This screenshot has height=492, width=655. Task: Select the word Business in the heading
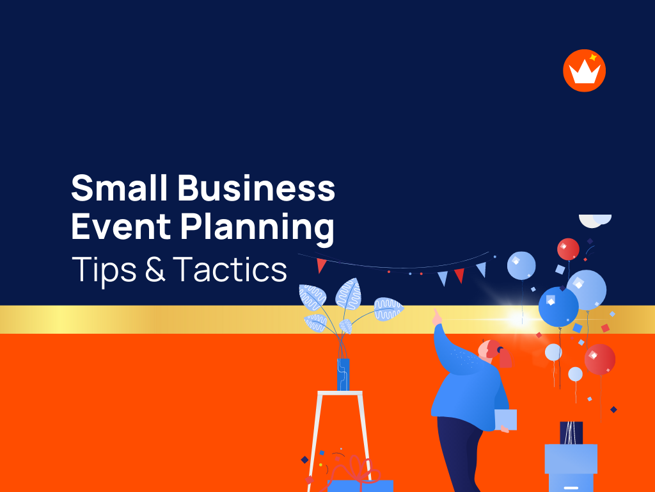tap(256, 188)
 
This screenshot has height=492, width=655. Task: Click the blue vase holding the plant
tap(343, 374)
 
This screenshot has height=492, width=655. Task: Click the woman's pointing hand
tap(436, 316)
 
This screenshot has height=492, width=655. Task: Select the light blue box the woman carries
tap(505, 420)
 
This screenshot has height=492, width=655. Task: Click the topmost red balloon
tap(567, 249)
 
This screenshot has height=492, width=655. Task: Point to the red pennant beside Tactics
tap(322, 265)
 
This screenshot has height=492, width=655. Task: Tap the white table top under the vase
tap(339, 393)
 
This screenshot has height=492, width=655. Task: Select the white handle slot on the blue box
tap(571, 486)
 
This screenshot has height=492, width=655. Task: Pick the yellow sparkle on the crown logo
tap(593, 58)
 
